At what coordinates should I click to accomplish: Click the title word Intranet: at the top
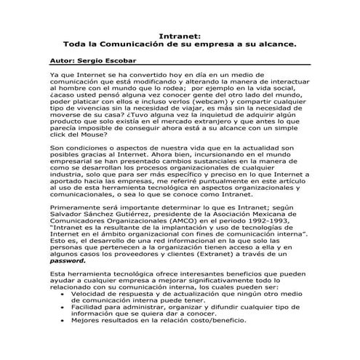tap(180, 34)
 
